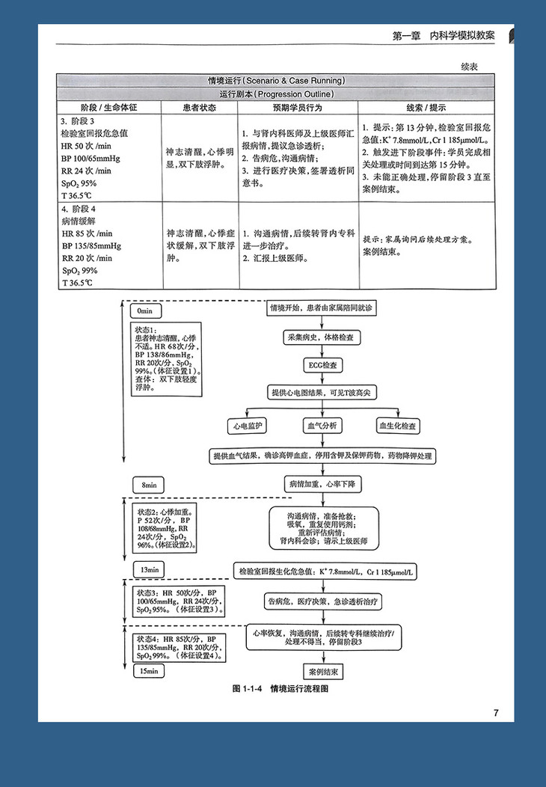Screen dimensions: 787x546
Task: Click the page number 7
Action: point(495,712)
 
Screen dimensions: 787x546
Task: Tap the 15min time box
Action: point(149,671)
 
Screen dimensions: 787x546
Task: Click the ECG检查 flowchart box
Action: point(322,366)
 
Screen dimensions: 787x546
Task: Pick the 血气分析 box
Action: point(322,425)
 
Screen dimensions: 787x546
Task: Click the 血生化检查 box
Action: point(397,425)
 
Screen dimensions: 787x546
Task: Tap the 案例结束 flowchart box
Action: point(322,671)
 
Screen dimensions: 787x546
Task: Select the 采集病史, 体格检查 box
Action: point(322,337)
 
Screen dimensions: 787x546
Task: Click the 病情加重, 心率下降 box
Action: point(323,485)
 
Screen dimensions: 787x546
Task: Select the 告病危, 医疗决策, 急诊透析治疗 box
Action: point(322,601)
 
